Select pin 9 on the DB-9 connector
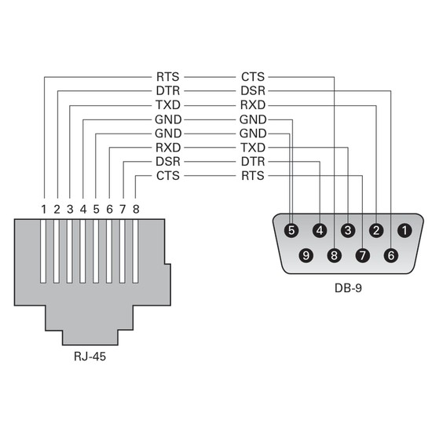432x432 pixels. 306,255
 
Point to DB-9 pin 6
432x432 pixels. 390,255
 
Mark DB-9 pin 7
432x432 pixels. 362,255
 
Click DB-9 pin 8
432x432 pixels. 335,255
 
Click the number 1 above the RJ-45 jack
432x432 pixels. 45,209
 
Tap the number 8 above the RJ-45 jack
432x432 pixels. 136,209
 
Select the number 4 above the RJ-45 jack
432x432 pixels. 83,209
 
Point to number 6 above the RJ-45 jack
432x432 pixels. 110,209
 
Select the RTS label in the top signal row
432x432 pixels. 168,77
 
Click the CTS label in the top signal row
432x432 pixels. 253,77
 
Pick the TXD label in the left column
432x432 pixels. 168,105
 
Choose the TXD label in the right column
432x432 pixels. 253,148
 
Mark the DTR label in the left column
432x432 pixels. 168,91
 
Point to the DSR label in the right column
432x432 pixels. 253,91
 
